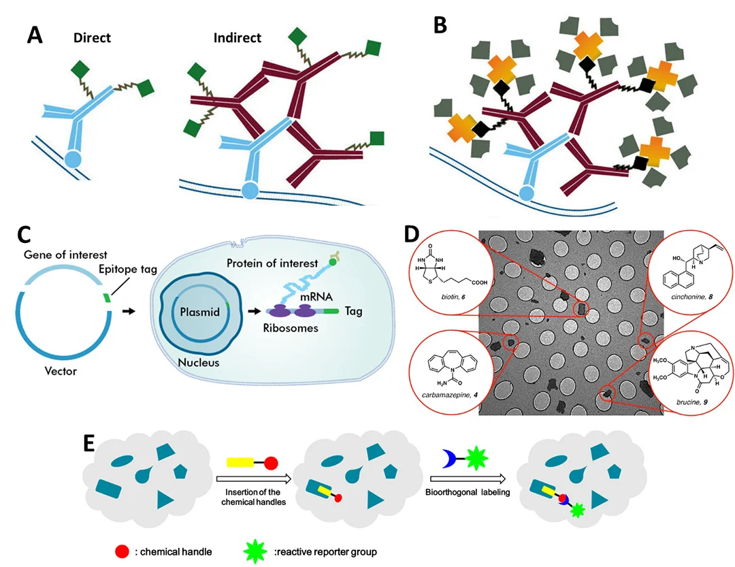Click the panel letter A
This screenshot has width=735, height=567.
coord(35,34)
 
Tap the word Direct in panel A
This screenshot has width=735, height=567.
coord(93,37)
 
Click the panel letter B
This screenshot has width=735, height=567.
coord(440,25)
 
